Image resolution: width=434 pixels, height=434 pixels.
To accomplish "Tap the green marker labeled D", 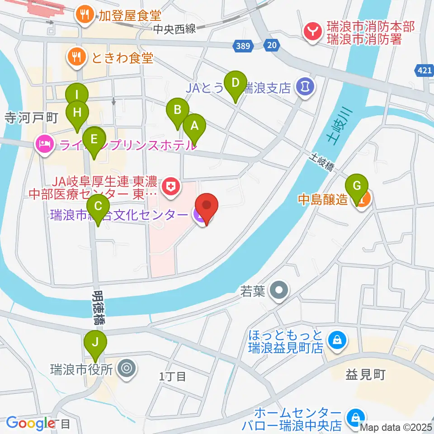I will click(235, 83).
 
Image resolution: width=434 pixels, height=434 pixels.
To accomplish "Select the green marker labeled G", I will click(357, 186).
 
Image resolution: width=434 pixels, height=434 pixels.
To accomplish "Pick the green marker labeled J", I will click(95, 342).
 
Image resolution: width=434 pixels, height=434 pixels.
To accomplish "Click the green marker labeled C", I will click(98, 207).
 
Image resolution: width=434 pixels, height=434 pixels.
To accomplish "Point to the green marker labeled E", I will click(94, 139).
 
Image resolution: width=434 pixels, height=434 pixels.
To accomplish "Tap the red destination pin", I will click(207, 206).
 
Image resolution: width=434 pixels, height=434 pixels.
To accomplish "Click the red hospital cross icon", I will click(171, 184).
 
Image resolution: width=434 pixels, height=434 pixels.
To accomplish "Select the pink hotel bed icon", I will click(43, 145).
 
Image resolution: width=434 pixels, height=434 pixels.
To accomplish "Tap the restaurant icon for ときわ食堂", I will click(75, 57).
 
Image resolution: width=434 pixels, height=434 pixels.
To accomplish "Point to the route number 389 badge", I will click(243, 45).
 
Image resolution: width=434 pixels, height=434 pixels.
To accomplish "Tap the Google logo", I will click(31, 423).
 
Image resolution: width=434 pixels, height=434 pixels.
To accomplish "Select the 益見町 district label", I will click(365, 375).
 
